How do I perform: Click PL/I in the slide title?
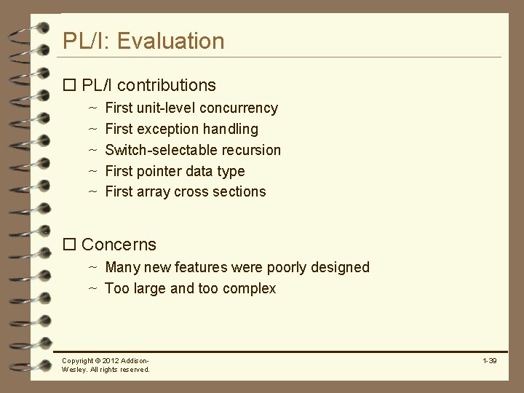click(85, 41)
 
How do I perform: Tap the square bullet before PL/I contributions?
click(70, 85)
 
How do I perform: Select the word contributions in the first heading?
click(171, 85)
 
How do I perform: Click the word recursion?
click(251, 150)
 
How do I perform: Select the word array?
click(154, 191)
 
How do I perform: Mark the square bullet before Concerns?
click(70, 245)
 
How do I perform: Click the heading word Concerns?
click(119, 245)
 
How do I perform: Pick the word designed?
click(340, 267)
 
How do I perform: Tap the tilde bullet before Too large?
click(93, 288)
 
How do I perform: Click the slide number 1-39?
click(489, 361)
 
